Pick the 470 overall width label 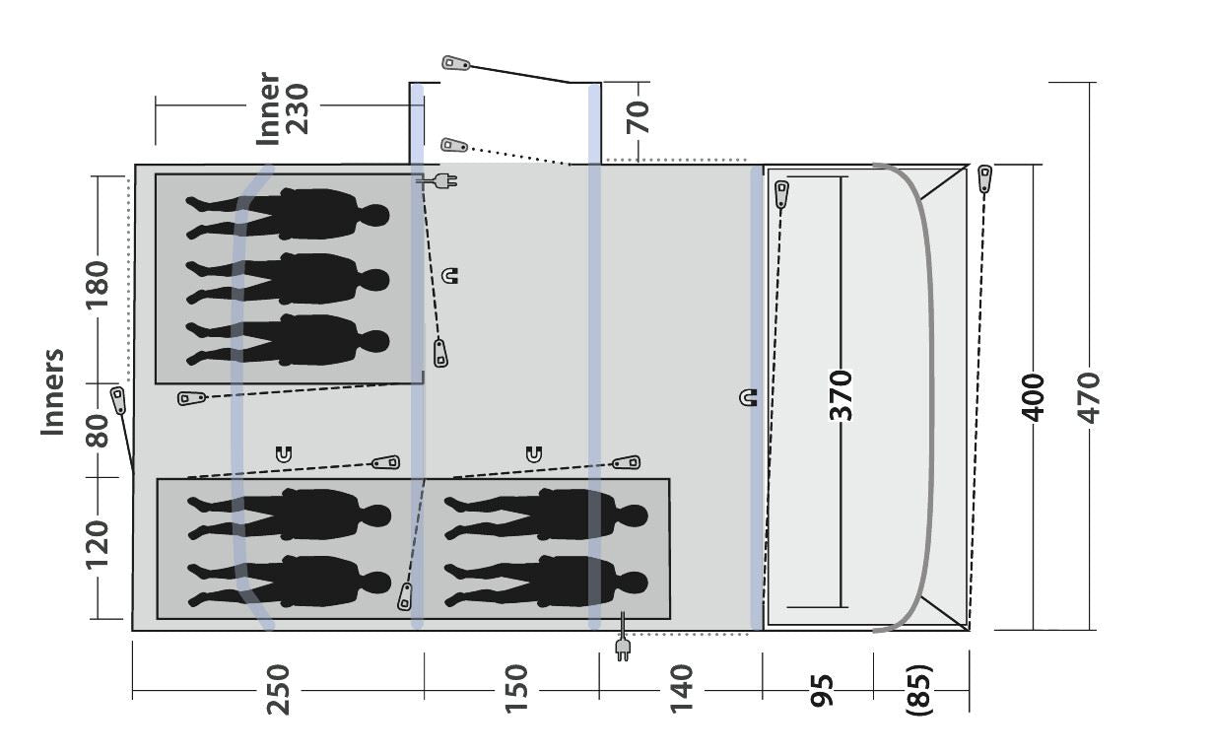click(1089, 397)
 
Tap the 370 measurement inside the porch click(841, 395)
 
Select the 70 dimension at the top click(639, 117)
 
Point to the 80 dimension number click(97, 431)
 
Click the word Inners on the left click(52, 391)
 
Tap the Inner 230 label click(282, 108)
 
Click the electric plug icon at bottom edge click(622, 647)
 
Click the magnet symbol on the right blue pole click(748, 398)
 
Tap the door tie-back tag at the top click(454, 64)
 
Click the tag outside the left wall click(118, 400)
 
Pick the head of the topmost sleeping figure click(374, 215)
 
